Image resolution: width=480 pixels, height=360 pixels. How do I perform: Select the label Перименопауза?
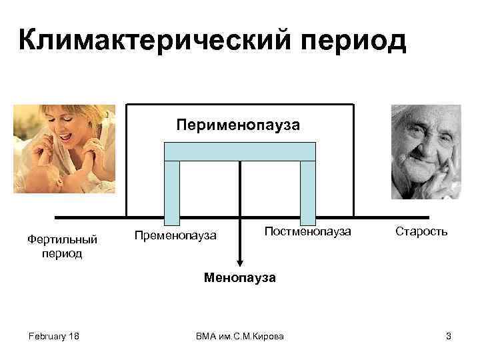coord(238,124)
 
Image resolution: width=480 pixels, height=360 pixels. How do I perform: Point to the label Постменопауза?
coord(307,231)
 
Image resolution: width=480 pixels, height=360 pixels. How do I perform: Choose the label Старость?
coord(421,231)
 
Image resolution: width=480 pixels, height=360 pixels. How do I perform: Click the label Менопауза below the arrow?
coord(239,277)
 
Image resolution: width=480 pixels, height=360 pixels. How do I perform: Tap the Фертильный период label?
coord(61,245)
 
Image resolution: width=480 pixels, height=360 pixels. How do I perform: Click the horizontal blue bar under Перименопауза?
coord(239,152)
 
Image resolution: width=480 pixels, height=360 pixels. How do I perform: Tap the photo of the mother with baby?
coord(64,149)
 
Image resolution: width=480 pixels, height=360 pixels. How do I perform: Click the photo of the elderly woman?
coord(425,151)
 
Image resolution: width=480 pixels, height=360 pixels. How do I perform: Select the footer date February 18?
coord(54,336)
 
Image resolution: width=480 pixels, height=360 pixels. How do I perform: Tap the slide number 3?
coord(448,336)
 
